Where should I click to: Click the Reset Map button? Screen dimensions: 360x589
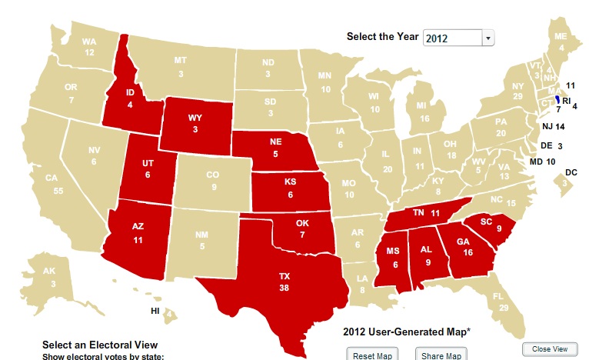click(372, 355)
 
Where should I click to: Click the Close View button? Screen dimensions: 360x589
click(550, 349)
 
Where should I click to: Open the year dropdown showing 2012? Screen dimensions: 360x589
click(459, 38)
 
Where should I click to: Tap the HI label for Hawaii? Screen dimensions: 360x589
click(155, 311)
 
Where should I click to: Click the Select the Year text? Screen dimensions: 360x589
click(382, 37)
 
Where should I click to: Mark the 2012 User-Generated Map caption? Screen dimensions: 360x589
click(405, 332)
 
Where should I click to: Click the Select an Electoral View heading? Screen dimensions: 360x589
click(99, 345)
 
